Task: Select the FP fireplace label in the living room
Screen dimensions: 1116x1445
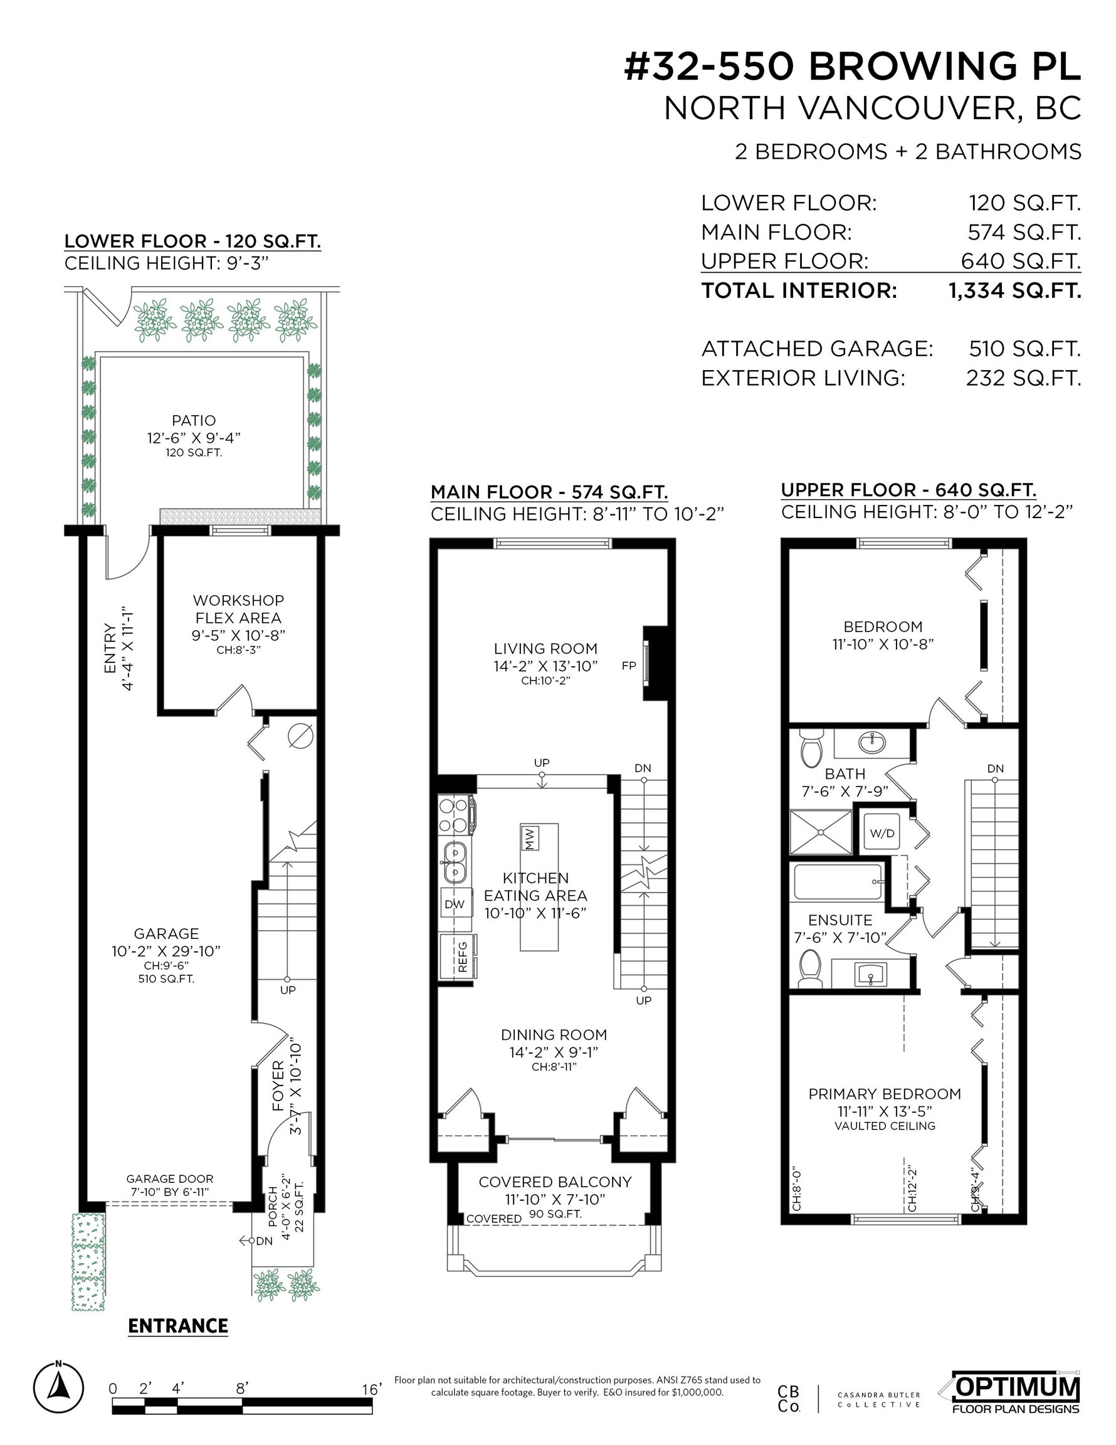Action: (x=628, y=665)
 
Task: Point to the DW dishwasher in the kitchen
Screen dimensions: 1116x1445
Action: (x=455, y=904)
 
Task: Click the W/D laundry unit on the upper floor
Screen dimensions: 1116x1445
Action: (x=882, y=833)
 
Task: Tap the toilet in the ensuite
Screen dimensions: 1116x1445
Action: (x=809, y=967)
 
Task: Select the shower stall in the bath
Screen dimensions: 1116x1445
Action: (x=820, y=832)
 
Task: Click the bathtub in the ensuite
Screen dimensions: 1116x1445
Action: (x=838, y=882)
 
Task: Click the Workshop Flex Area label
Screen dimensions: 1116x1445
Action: (x=238, y=610)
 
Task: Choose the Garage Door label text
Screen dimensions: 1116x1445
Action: (x=169, y=1179)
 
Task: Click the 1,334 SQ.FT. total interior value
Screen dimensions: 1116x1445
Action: (x=1015, y=290)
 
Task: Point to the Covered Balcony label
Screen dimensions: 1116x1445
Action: (x=555, y=1182)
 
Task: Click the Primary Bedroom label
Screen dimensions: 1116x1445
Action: (x=885, y=1094)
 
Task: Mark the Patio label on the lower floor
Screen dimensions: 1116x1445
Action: (x=194, y=420)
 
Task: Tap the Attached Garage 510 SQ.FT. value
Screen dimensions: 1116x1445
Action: (x=1024, y=349)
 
